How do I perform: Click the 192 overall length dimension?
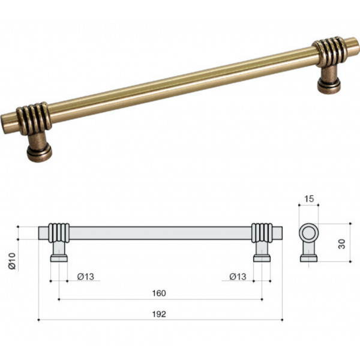pos(159,314)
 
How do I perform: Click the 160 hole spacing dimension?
pos(159,293)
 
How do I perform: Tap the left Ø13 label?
pos(86,277)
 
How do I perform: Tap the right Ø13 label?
pos(238,277)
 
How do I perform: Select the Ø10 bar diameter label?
pos(12,261)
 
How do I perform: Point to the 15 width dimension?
pos(309,199)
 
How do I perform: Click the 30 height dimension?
pos(342,244)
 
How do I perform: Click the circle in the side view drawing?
pos(308,233)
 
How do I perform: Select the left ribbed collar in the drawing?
pos(59,233)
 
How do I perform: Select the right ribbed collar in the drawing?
pos(262,233)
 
